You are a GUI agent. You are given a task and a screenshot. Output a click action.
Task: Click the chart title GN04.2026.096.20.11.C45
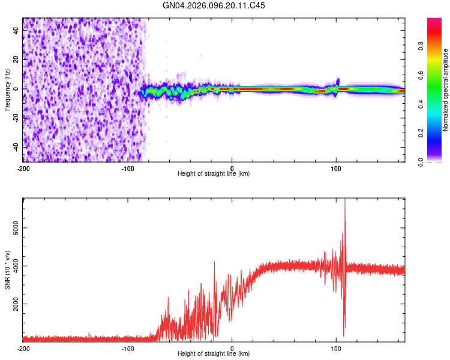click(x=214, y=5)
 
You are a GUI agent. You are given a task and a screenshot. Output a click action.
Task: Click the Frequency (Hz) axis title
click(x=7, y=88)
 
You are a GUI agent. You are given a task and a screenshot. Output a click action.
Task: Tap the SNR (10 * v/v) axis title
click(x=7, y=269)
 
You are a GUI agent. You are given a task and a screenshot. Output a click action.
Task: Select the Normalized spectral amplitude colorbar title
click(x=445, y=90)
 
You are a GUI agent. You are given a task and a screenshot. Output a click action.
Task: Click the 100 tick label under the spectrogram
click(x=337, y=168)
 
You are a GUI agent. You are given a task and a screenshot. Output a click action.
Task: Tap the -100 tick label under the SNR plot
click(x=128, y=348)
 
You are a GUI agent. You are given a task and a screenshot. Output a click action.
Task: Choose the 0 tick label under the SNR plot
click(x=232, y=348)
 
